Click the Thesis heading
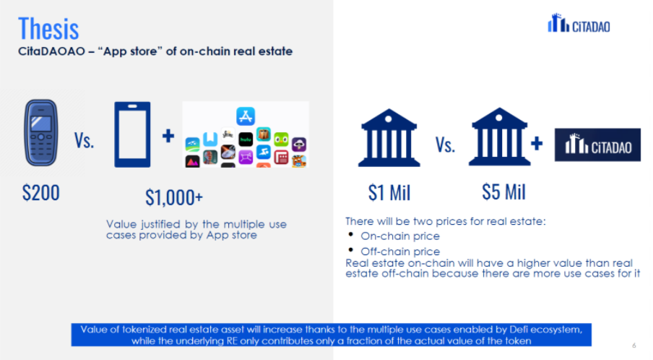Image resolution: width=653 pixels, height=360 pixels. [48, 29]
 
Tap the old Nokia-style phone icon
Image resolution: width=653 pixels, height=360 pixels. [40, 133]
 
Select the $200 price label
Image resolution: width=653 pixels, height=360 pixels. [40, 193]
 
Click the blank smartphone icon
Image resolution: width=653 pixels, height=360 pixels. [132, 134]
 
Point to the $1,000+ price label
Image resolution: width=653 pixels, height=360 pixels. [174, 197]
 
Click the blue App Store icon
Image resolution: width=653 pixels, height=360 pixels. [246, 116]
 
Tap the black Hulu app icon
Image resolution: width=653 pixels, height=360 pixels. [246, 140]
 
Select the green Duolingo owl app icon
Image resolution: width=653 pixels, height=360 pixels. [281, 140]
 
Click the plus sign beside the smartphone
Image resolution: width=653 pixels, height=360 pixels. [168, 136]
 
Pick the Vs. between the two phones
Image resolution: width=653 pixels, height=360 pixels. [84, 140]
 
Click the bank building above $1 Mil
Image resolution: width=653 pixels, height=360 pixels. [389, 137]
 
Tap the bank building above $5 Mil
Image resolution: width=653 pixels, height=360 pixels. [499, 137]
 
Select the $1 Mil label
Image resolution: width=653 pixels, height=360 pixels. [389, 193]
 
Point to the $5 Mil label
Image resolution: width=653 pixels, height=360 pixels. [504, 192]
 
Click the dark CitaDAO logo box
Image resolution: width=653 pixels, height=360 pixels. [597, 145]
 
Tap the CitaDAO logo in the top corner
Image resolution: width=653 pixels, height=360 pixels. [579, 23]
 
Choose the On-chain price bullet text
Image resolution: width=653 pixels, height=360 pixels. [400, 236]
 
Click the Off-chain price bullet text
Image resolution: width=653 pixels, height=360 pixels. [400, 252]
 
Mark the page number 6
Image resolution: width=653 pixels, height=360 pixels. [633, 346]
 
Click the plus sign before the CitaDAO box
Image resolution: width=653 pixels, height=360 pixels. [537, 143]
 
